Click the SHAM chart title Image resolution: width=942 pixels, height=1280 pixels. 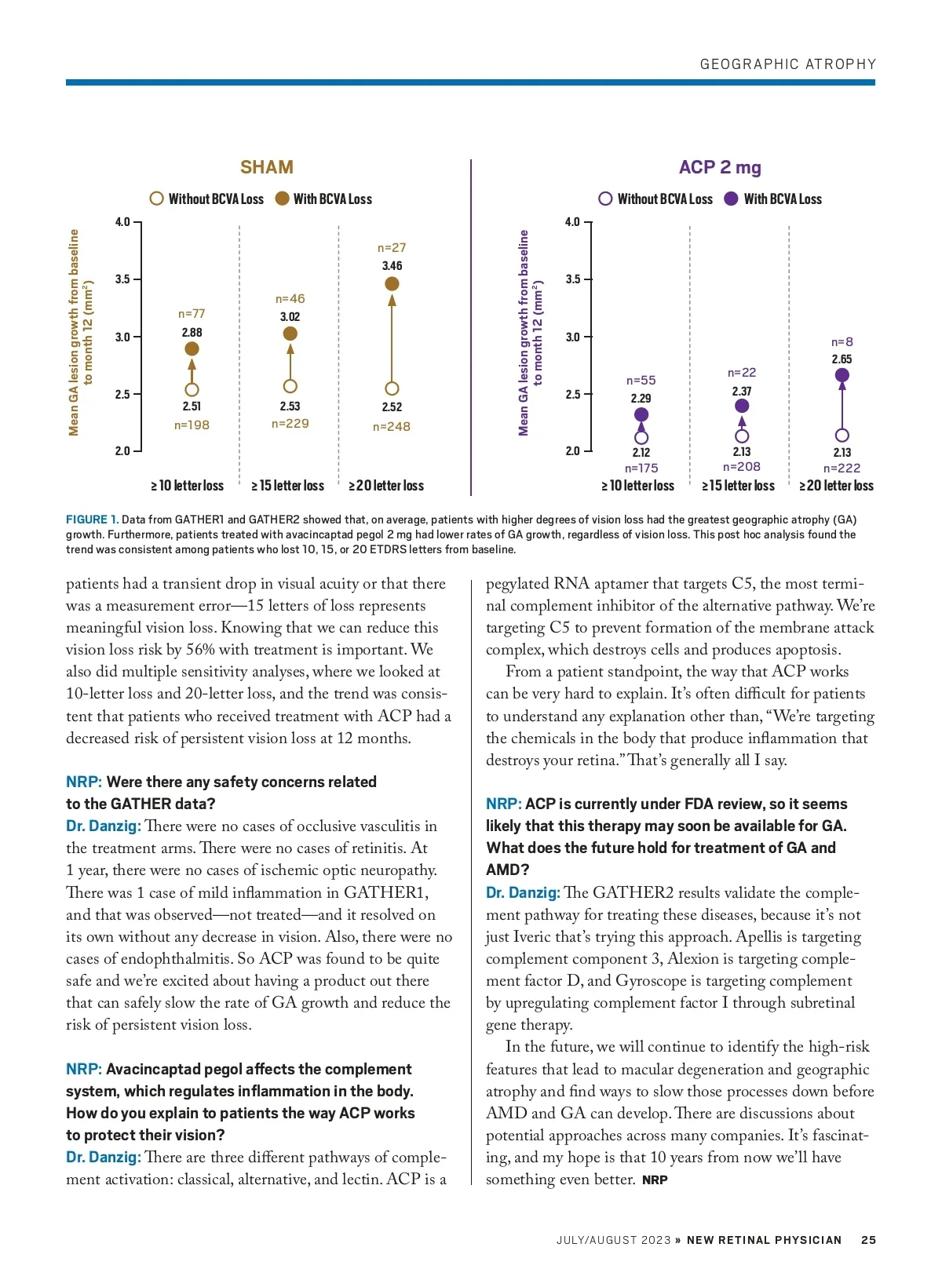[x=266, y=167]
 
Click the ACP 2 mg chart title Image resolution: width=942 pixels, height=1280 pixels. [x=719, y=167]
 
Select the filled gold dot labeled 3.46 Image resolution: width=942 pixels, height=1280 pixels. [x=392, y=283]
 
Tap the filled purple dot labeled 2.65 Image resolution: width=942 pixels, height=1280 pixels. [x=842, y=375]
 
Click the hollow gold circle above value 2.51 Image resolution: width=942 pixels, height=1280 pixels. [x=192, y=389]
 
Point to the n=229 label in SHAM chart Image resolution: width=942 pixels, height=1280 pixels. [x=290, y=424]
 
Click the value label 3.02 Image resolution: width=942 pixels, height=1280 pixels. [x=290, y=317]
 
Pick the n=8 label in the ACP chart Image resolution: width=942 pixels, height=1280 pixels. [x=842, y=342]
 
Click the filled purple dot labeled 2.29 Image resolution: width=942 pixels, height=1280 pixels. [x=641, y=414]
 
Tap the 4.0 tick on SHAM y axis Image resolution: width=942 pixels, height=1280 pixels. [x=122, y=222]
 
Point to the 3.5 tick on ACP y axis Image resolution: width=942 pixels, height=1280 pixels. [x=573, y=279]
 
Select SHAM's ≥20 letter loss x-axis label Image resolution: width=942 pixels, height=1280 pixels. [x=386, y=486]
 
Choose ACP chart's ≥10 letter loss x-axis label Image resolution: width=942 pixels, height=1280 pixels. [x=637, y=486]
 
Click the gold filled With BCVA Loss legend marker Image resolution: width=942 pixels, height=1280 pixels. [x=283, y=199]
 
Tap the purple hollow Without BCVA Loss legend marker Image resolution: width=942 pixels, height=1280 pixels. [x=605, y=199]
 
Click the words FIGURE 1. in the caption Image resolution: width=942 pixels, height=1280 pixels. [x=92, y=520]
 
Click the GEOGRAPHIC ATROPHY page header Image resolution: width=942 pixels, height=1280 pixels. [x=787, y=64]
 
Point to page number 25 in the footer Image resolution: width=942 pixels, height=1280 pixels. [x=868, y=1240]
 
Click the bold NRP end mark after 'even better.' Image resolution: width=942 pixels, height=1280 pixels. [x=655, y=1180]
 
